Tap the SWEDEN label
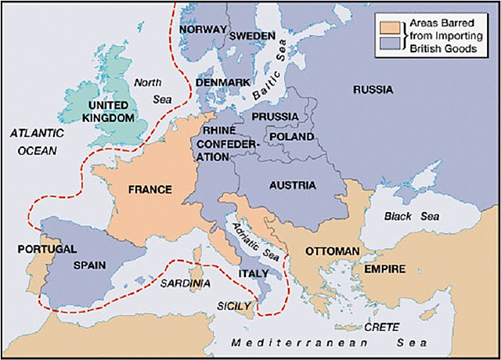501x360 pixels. (252, 36)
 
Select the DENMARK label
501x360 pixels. (223, 81)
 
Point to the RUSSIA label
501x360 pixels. (373, 89)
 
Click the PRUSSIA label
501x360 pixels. (274, 117)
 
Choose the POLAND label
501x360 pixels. (291, 136)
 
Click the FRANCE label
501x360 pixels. (150, 189)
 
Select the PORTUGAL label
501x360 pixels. (46, 249)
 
